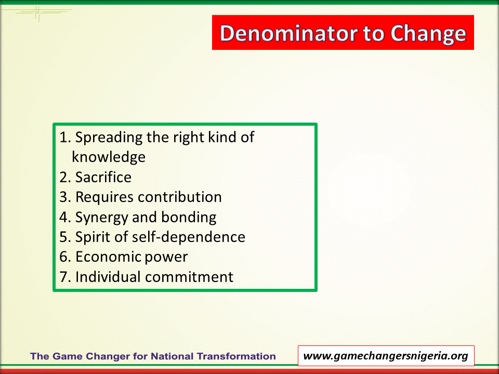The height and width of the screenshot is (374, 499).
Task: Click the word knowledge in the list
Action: click(109, 157)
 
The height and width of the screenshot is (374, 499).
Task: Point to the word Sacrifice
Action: click(103, 177)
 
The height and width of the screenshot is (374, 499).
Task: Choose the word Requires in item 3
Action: click(100, 197)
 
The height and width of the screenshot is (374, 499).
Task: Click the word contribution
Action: click(180, 197)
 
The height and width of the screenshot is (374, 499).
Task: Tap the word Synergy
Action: click(102, 218)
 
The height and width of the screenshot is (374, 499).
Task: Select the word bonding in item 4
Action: click(189, 218)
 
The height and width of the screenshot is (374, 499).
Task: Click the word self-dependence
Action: click(188, 237)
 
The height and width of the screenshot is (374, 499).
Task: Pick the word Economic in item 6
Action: click(108, 257)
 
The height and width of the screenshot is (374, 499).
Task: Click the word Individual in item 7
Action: click(108, 277)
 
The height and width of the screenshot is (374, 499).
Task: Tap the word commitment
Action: click(189, 277)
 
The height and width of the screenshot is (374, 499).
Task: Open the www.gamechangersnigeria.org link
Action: click(386, 356)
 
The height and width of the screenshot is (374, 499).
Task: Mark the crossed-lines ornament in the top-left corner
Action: click(37, 12)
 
